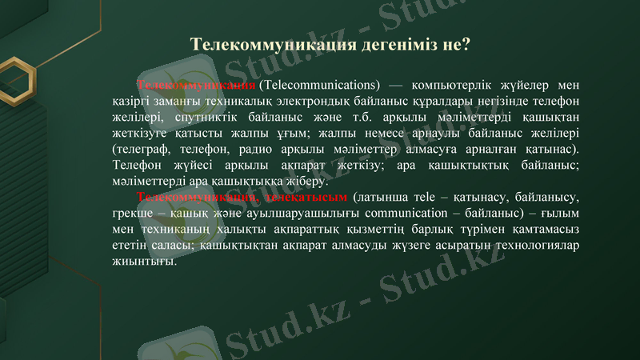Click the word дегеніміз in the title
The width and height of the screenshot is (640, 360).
coord(387,45)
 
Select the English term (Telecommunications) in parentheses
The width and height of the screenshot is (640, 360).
coord(318,85)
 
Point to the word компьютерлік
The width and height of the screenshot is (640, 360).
coord(450,85)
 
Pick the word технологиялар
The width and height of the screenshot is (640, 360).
coord(534,245)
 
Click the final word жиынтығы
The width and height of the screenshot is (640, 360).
coord(142,261)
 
